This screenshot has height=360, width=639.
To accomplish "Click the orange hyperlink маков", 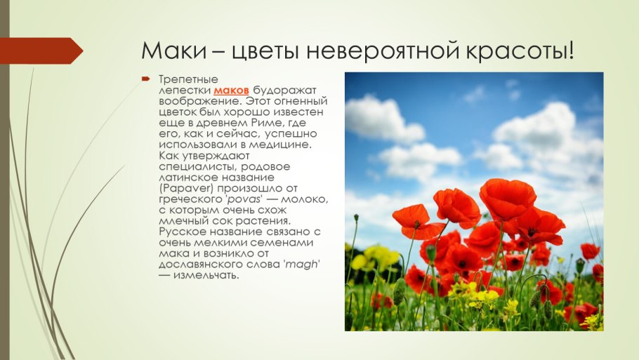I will (231, 91).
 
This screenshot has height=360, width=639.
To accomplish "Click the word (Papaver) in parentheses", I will (183, 189).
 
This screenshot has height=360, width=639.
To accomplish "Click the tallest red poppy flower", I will (507, 198).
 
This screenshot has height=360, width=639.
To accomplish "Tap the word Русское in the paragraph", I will (183, 232).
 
